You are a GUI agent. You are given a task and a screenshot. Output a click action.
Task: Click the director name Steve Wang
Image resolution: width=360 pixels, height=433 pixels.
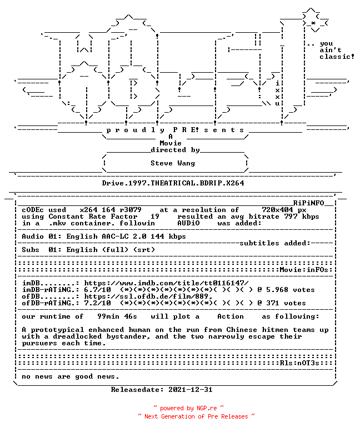pos(173,163)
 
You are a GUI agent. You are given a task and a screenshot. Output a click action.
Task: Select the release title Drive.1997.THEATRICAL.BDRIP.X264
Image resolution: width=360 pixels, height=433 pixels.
pos(173,183)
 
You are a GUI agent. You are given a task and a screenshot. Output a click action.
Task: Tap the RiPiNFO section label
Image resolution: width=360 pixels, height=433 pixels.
pos(308,203)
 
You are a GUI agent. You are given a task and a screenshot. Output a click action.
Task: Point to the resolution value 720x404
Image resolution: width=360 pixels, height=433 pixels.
pos(277,210)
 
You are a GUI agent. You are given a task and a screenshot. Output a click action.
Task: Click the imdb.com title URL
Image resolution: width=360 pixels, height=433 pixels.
pos(166,283)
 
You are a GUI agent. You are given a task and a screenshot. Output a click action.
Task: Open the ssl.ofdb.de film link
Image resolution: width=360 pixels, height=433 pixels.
pos(148,296)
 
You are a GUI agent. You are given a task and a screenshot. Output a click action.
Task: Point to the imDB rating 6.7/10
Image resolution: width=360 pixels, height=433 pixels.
pos(98,290)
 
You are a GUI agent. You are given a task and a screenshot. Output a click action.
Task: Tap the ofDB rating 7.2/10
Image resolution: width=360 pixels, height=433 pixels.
pos(98,303)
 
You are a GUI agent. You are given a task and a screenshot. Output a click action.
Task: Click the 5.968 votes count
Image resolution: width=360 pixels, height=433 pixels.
pos(277,290)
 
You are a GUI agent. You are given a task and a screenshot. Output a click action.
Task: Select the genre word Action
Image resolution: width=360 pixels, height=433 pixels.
pos(231,316)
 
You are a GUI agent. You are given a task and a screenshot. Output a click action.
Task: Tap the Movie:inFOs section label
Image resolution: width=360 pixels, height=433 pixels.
pos(304,270)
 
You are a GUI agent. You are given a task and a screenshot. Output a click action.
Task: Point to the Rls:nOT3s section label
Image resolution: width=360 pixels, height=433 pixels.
pos(299,362)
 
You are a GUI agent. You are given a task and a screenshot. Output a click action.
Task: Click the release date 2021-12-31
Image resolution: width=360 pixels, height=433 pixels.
pos(191,390)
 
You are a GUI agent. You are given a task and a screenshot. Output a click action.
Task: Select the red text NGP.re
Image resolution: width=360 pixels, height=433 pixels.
pos(207,408)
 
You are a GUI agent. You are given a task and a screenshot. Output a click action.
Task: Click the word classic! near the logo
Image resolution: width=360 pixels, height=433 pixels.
pos(337,57)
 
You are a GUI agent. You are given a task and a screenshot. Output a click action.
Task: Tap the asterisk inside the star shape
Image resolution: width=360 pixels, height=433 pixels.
pos(313,23)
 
